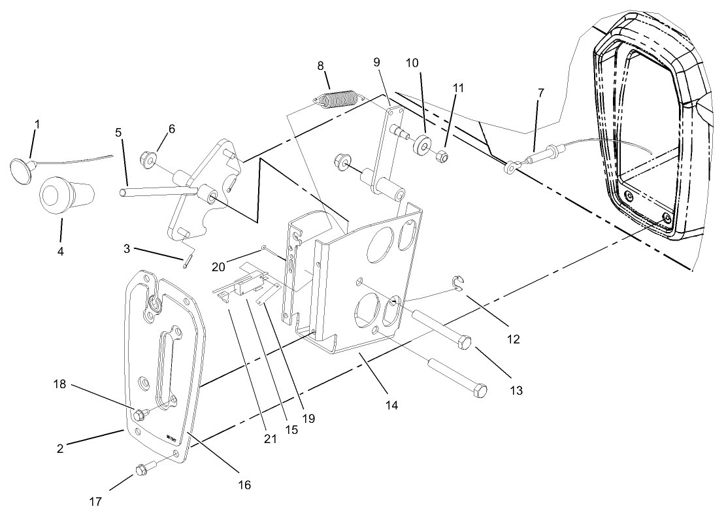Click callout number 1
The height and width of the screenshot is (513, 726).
tap(37, 123)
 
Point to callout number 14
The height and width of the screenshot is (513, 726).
tap(391, 405)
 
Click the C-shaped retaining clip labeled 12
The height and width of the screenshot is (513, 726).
tap(459, 282)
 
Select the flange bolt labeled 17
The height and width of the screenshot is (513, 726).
tap(142, 469)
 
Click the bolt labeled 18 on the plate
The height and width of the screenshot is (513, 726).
tap(139, 414)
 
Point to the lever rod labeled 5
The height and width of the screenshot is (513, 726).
tap(157, 191)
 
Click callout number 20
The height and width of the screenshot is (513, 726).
tap(218, 267)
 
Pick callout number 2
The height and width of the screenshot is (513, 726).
tap(60, 450)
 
